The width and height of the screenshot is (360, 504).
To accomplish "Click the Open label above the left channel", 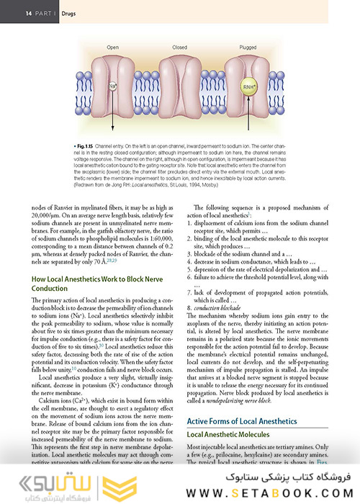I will [x=113, y=47].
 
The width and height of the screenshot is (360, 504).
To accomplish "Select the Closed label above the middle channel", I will [x=179, y=47].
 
